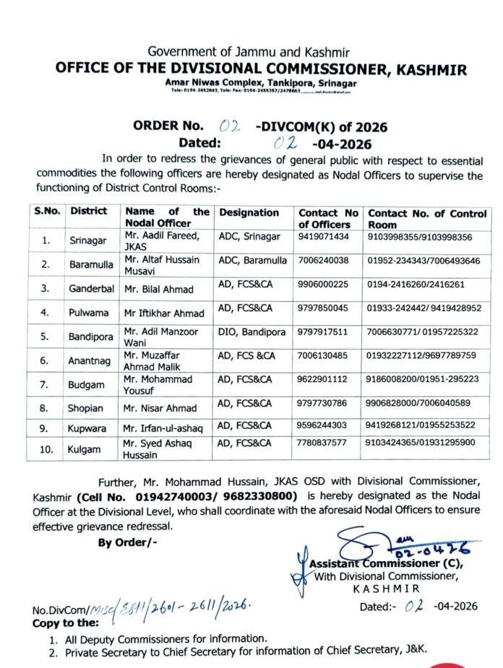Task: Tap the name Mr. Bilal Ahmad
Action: pyautogui.click(x=158, y=290)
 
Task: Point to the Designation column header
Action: pyautogui.click(x=249, y=213)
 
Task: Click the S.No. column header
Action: pyautogui.click(x=46, y=212)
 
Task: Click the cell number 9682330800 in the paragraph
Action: pyautogui.click(x=259, y=498)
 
